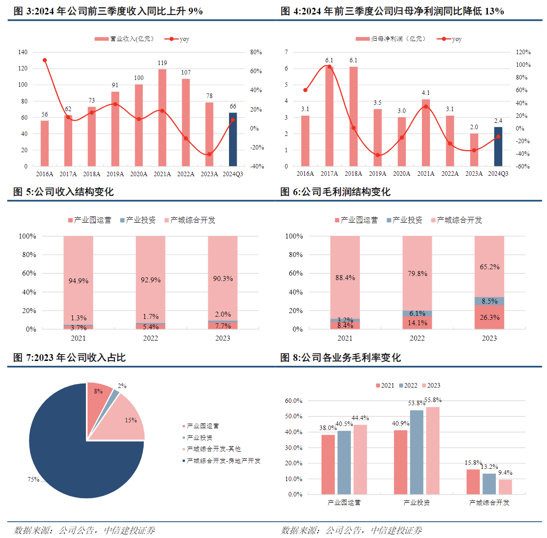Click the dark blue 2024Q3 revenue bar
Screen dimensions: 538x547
[233, 140]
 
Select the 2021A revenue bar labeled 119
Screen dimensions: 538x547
[162, 117]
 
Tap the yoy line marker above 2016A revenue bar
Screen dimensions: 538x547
[44, 60]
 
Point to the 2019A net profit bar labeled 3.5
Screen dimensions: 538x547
[378, 137]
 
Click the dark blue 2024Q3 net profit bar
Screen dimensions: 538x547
[498, 146]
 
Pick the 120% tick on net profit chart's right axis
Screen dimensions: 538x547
[523, 52]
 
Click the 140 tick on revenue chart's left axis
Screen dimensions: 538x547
[23, 52]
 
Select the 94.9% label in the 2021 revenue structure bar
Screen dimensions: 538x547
[78, 281]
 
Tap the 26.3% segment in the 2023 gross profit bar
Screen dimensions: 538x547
[489, 317]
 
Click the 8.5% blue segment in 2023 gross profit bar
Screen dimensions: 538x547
[489, 301]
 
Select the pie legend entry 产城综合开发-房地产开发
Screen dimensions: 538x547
[223, 461]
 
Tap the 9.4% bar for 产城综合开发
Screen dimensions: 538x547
[505, 487]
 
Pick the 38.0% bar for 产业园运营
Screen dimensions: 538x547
[328, 464]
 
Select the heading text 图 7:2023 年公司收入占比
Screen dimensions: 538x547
[70, 357]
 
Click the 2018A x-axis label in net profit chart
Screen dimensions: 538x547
[353, 174]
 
